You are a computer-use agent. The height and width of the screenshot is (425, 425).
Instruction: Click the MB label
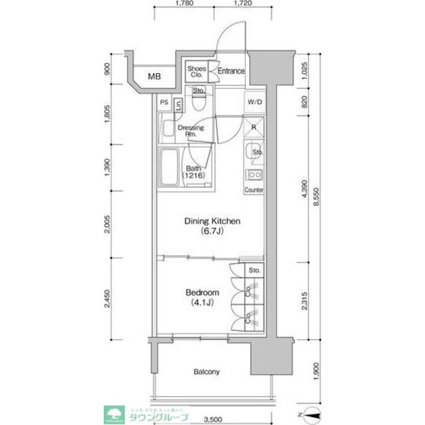click(x=154, y=77)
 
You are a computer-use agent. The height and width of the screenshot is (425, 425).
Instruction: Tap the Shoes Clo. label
click(x=196, y=71)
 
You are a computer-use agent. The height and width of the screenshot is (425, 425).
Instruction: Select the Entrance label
click(x=231, y=72)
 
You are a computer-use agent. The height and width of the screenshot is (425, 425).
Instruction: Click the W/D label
click(x=254, y=103)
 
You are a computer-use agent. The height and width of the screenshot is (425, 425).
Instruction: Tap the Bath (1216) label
click(x=194, y=171)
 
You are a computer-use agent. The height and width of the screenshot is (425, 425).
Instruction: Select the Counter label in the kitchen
click(x=253, y=191)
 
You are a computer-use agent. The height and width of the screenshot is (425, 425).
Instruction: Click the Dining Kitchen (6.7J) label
click(x=212, y=226)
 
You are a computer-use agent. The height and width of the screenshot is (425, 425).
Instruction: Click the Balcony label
click(x=207, y=372)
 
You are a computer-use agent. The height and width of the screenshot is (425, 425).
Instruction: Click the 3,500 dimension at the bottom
click(x=212, y=418)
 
